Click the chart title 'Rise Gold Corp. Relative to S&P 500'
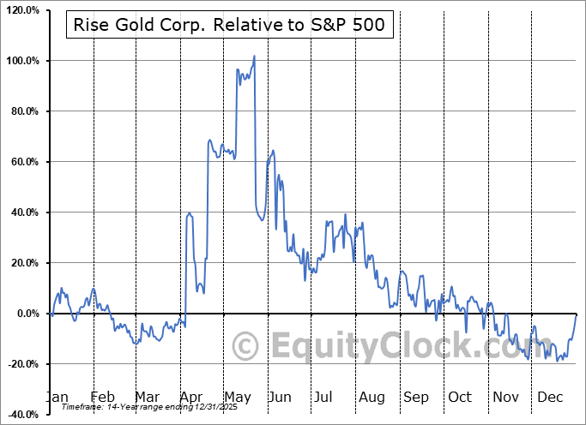(231, 27)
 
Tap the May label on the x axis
(238, 397)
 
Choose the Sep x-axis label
(416, 397)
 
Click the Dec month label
(549, 397)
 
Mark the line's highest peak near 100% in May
(254, 57)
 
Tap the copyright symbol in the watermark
(246, 346)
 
